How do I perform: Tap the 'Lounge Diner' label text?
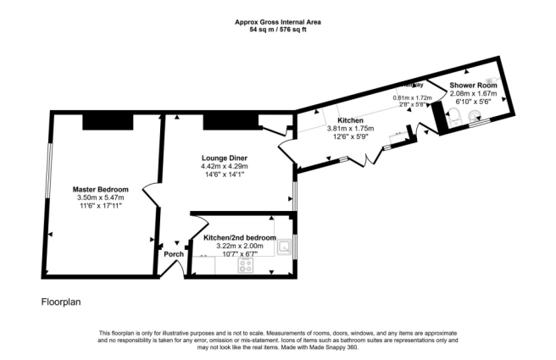coord(225,158)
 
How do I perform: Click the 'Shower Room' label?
coord(473,86)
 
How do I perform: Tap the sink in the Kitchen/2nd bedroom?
coord(286,247)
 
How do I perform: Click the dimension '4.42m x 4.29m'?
coord(225,168)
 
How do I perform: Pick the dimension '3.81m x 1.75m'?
coord(351,130)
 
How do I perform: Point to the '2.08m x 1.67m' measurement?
coord(473,94)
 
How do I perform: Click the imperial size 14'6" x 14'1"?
coord(225,176)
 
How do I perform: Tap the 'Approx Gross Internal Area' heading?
coord(277,21)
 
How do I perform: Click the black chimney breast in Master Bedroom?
coord(108,122)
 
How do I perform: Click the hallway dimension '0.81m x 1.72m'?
coord(412,97)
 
